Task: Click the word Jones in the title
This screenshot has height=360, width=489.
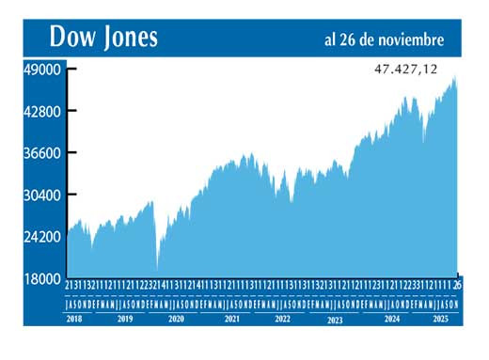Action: pos(128,38)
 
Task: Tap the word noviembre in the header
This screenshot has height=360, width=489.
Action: pos(408,39)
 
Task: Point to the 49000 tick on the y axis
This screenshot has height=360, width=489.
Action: pos(43,70)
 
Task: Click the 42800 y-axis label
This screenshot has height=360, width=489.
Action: pos(43,111)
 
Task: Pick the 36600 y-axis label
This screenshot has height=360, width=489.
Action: pos(43,153)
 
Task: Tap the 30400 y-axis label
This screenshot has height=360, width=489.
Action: pos(43,195)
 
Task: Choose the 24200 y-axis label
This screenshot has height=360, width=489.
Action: pos(43,237)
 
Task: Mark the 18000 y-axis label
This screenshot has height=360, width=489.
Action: pos(43,278)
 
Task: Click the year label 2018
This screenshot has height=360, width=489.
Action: pos(75,320)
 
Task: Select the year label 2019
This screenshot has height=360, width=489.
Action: pos(124,320)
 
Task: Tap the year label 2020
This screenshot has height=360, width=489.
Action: pos(176,320)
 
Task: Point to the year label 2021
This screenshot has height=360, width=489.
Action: pos(231,320)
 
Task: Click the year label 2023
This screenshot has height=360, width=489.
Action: pos(334,321)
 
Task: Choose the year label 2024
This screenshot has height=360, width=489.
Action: pos(390,320)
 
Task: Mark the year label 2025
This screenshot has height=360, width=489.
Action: pos(440,320)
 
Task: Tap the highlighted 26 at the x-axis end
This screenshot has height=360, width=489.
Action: pos(457,284)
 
